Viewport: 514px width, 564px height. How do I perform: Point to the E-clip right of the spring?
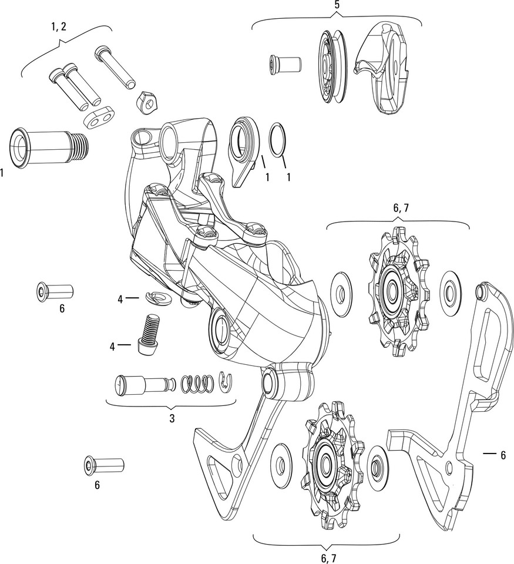[x=223, y=382]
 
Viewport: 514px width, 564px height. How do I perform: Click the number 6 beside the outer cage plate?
[x=503, y=454]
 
